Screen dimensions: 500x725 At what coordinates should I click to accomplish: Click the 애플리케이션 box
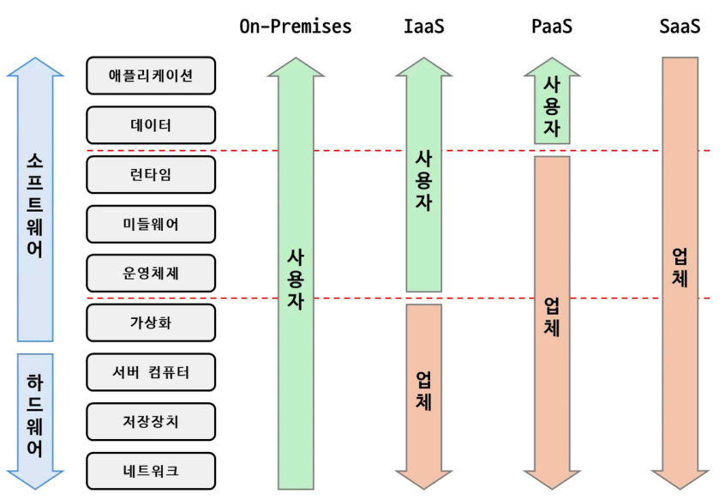click(151, 75)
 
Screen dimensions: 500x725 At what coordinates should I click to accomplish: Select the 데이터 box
click(151, 125)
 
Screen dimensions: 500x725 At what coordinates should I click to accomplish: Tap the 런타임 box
click(151, 174)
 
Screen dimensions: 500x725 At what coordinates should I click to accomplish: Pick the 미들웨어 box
click(151, 224)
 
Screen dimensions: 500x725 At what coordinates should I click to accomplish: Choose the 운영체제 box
click(151, 274)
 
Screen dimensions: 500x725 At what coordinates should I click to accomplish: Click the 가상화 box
click(151, 322)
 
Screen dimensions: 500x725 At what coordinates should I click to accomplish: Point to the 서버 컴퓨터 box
click(151, 372)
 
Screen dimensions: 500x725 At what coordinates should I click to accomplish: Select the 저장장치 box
click(151, 422)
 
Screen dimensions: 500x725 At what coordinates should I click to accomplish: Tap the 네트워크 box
click(151, 471)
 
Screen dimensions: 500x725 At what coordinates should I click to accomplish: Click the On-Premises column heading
click(296, 27)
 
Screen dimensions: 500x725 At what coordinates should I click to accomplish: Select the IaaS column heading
click(423, 27)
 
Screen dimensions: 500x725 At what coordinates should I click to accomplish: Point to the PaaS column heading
click(551, 27)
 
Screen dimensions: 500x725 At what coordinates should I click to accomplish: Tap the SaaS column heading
click(680, 27)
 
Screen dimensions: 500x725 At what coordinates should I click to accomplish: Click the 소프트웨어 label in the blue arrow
click(35, 207)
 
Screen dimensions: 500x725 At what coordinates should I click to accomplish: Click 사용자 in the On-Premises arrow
click(296, 279)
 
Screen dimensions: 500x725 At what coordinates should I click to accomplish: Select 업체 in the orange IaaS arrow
click(423, 390)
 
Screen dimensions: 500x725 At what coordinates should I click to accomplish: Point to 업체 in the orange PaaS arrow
click(552, 316)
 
